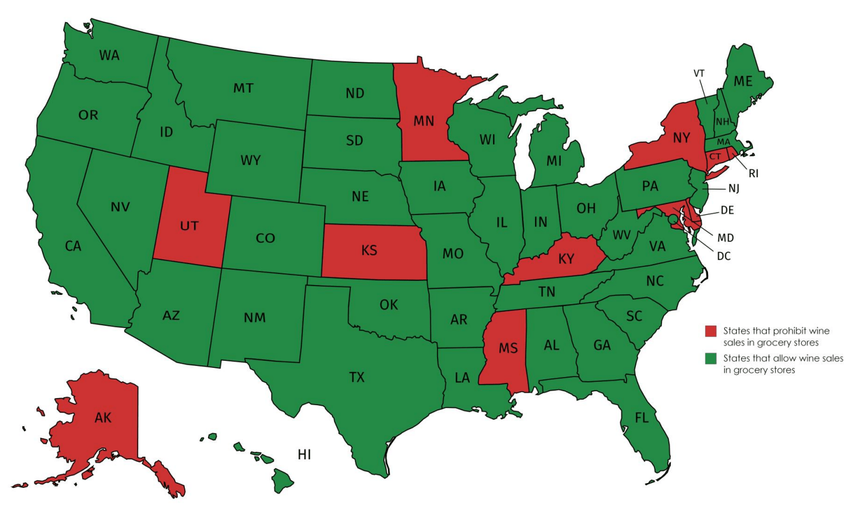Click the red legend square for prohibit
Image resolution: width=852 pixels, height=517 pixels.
(710, 331)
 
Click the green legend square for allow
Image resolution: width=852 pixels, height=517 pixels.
(710, 358)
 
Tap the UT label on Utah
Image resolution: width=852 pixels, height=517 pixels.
(189, 226)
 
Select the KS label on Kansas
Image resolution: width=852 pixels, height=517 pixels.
(369, 251)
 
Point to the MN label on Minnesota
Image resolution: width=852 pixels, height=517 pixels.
(424, 121)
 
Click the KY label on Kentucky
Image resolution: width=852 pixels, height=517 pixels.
(566, 259)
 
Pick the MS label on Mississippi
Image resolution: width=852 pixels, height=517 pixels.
(508, 349)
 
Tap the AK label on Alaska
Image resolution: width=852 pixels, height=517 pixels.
(103, 417)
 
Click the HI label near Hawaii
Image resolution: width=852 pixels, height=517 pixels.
(304, 455)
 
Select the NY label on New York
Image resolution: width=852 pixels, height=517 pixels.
(681, 138)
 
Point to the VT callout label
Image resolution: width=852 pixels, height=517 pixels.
(699, 73)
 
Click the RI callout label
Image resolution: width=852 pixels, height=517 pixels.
(754, 174)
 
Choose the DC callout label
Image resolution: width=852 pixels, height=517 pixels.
(723, 256)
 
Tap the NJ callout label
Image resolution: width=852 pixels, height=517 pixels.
(734, 188)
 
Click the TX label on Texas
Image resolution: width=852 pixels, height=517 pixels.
(357, 378)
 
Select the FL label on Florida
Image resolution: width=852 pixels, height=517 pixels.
(641, 418)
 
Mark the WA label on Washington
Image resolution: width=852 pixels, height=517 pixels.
(109, 55)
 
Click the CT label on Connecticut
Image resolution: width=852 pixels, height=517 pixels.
(714, 157)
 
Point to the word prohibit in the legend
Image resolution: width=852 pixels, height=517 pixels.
(789, 331)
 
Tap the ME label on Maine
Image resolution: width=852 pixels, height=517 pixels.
(742, 82)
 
